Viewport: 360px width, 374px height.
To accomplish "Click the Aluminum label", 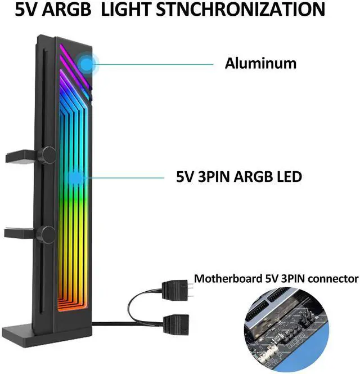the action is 260,63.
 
